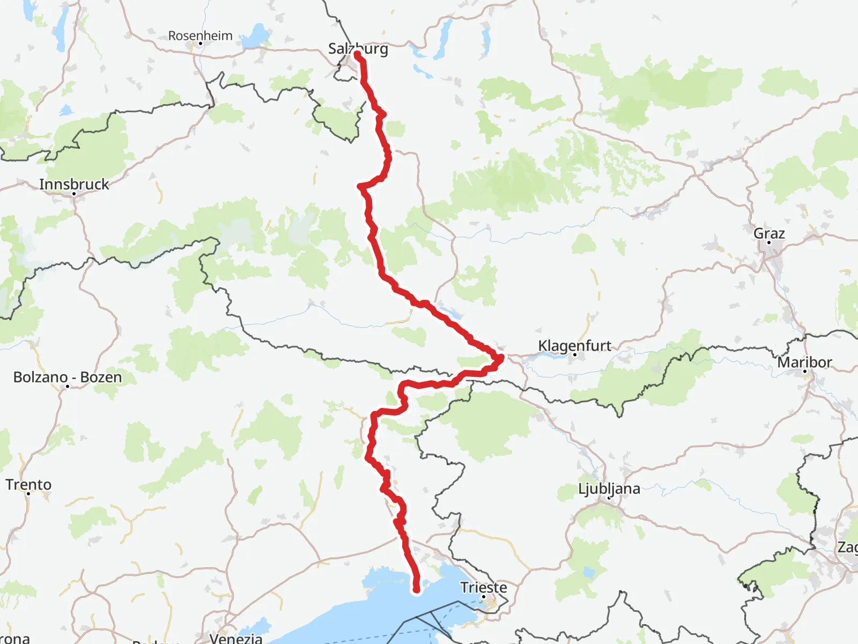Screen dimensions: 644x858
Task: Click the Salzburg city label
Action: pyautogui.click(x=358, y=49)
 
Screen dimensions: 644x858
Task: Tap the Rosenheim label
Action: pyautogui.click(x=200, y=35)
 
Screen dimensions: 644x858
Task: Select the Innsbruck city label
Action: pyautogui.click(x=74, y=184)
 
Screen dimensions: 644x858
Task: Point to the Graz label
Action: pyautogui.click(x=769, y=233)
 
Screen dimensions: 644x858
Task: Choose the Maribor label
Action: pyautogui.click(x=804, y=362)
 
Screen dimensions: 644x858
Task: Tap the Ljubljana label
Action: pyautogui.click(x=609, y=489)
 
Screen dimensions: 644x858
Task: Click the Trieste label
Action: pyautogui.click(x=483, y=587)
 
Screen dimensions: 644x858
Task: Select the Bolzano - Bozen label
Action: pyautogui.click(x=68, y=377)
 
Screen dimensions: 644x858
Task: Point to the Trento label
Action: pyautogui.click(x=28, y=485)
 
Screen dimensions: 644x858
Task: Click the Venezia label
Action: pyautogui.click(x=236, y=638)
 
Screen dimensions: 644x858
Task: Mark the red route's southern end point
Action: pyautogui.click(x=416, y=590)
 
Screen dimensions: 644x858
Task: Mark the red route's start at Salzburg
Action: pyautogui.click(x=357, y=54)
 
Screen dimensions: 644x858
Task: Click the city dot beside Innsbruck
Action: pyautogui.click(x=74, y=193)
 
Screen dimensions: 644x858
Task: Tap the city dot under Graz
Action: pyautogui.click(x=769, y=243)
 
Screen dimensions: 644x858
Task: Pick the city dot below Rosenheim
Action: pyautogui.click(x=200, y=43)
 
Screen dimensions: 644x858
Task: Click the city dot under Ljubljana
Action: pyautogui.click(x=609, y=497)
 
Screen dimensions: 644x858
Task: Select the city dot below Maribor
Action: pyautogui.click(x=804, y=371)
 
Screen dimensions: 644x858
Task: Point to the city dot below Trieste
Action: pyautogui.click(x=483, y=596)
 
